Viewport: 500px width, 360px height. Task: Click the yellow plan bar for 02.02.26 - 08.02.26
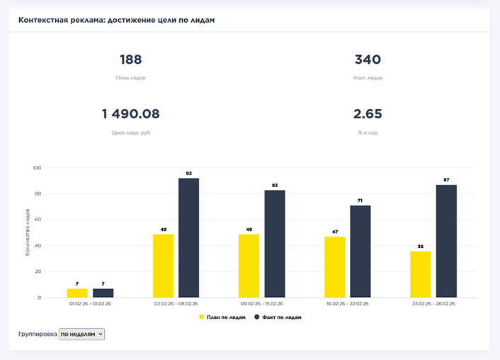click(x=163, y=266)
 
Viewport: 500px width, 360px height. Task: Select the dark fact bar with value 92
click(x=188, y=237)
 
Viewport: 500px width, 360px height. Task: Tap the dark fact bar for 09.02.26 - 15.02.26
click(x=275, y=244)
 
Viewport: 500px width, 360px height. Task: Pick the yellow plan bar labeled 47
click(x=334, y=267)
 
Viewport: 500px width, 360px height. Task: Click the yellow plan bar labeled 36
click(x=421, y=274)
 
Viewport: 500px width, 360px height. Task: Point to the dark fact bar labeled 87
click(x=446, y=241)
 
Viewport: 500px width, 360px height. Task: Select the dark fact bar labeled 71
click(x=360, y=252)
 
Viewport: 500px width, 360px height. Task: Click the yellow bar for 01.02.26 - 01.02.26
click(x=77, y=293)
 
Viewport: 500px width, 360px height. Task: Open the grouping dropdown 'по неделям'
click(x=81, y=334)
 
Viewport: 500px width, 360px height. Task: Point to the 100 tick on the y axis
click(x=37, y=168)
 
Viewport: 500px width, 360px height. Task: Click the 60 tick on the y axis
click(x=38, y=220)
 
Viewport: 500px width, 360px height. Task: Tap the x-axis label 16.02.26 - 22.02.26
click(x=347, y=303)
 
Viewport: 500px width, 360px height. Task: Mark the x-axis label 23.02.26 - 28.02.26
click(x=433, y=303)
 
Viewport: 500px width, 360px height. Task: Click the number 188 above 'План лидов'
click(x=130, y=60)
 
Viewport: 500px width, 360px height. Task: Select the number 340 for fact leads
click(x=368, y=60)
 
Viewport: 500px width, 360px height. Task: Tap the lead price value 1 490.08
click(x=130, y=114)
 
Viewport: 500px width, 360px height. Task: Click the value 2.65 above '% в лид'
click(x=368, y=114)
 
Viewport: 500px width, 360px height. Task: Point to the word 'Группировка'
click(x=38, y=334)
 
